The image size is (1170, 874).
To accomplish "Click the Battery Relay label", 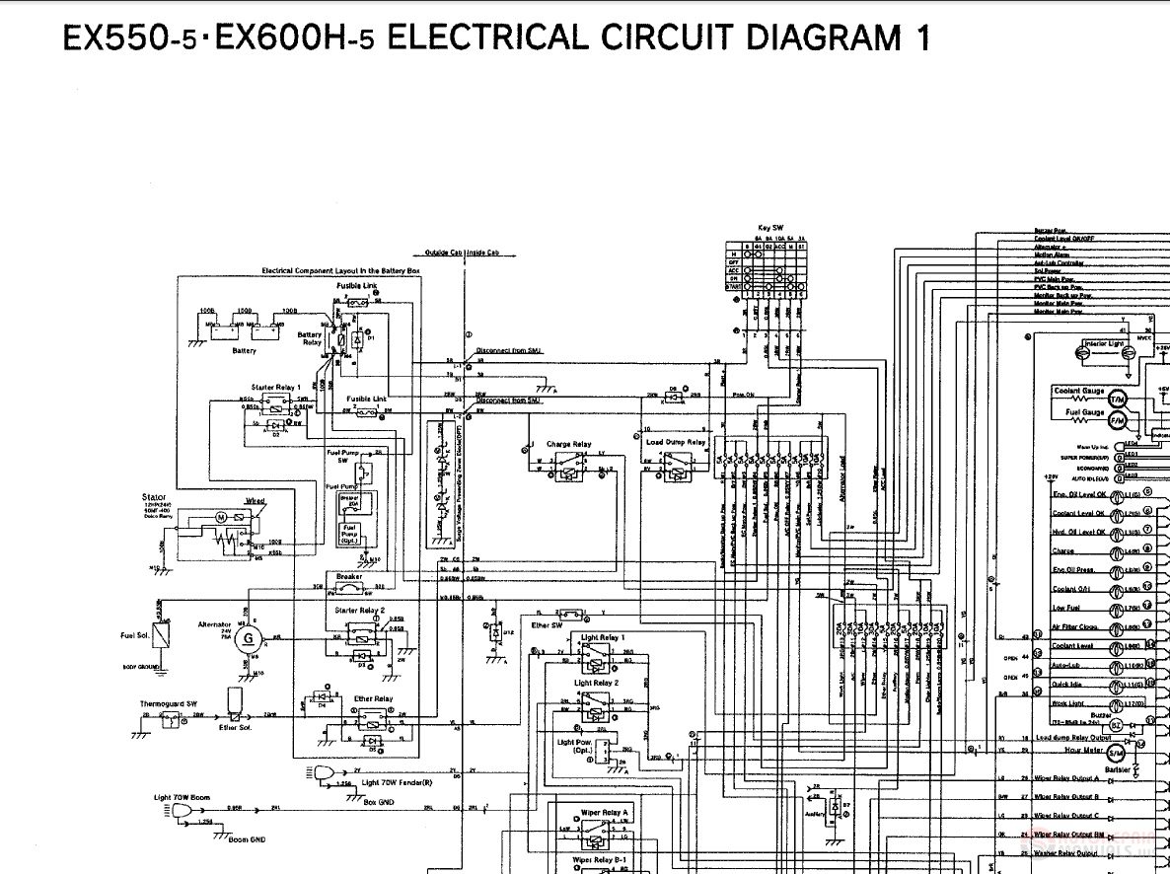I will pos(310,338).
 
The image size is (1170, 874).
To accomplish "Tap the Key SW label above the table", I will pos(770,227).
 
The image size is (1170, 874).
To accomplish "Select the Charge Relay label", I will pos(569,445).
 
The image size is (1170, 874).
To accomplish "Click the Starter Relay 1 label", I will pos(276,388).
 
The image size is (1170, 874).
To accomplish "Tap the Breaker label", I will pos(349,577).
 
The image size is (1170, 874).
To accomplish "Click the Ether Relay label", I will pos(373,698).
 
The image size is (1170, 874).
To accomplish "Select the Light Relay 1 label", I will pos(602,637).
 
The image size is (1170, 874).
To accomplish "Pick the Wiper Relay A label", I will pos(604,812).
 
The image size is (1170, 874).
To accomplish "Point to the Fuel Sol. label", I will pos(135,634).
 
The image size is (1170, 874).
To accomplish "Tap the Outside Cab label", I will pos(443,253).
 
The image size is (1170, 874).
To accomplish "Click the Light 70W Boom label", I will pos(182,796).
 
